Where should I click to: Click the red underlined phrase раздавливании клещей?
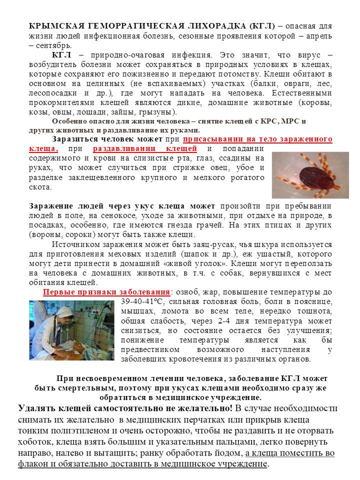(x=145, y=149)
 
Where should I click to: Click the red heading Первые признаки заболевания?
(x=106, y=292)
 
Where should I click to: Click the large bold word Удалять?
(x=39, y=408)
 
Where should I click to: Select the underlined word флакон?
(x=33, y=464)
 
